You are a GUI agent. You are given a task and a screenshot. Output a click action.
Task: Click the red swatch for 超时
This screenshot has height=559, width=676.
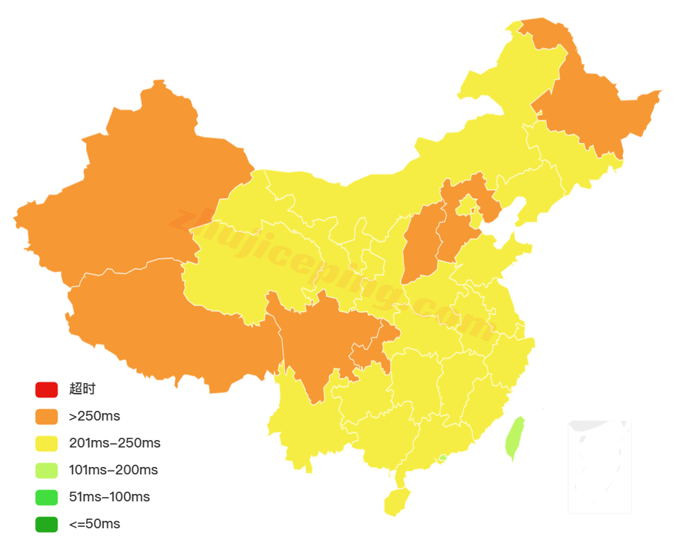(x=46, y=389)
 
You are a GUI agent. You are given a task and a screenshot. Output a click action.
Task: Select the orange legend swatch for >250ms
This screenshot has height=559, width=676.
(x=46, y=416)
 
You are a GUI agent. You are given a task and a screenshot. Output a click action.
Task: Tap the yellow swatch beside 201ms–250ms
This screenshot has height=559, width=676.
(x=46, y=443)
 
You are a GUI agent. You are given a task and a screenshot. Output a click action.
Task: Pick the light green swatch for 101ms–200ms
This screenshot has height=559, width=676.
(x=46, y=470)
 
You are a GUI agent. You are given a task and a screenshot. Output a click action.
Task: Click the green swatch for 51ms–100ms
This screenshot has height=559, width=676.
(x=46, y=497)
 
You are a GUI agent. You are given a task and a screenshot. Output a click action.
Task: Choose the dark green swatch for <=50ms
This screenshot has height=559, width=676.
(x=46, y=524)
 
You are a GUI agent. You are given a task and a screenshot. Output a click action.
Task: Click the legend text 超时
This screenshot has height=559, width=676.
(x=82, y=389)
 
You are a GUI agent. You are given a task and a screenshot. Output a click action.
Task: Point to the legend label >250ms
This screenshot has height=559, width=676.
(x=94, y=416)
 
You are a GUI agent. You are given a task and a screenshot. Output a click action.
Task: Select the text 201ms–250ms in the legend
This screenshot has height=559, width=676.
(x=114, y=443)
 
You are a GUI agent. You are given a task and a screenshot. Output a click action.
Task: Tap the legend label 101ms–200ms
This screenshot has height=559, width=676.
(x=113, y=470)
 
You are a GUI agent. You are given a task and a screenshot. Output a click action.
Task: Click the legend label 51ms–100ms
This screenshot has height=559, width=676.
(x=109, y=497)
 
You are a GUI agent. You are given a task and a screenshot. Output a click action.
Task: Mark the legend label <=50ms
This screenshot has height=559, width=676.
(x=94, y=524)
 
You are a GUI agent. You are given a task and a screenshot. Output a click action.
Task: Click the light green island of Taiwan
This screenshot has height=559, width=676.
(x=515, y=438)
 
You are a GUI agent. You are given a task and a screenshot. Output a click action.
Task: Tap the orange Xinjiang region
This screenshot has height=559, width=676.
(x=127, y=195)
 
